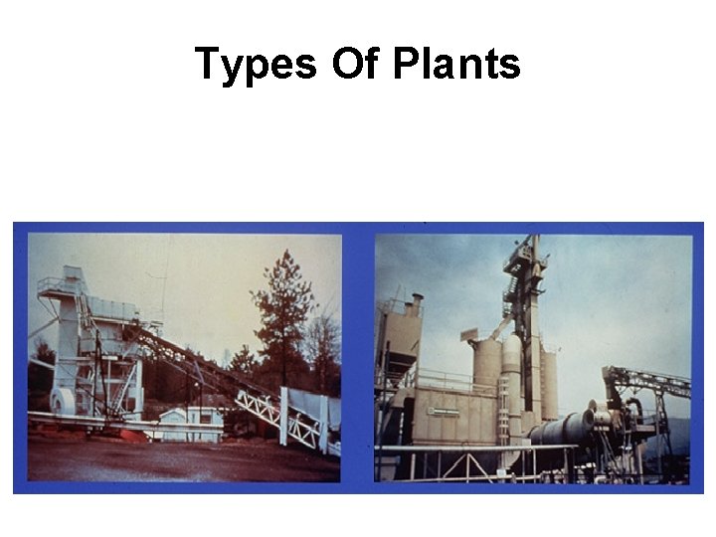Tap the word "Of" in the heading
355,65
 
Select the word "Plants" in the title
456,65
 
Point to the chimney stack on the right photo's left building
418,304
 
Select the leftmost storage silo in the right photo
486,368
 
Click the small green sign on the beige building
444,411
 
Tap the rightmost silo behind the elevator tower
549,383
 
